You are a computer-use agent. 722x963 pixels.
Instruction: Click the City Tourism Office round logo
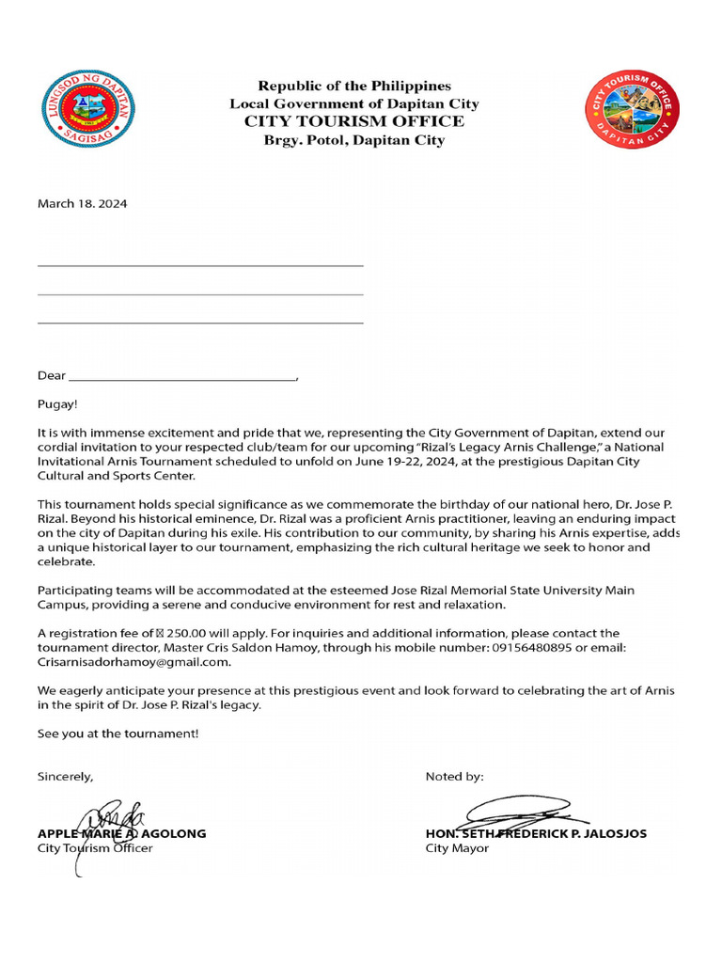click(632, 110)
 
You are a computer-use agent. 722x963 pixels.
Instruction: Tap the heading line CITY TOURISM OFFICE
click(353, 121)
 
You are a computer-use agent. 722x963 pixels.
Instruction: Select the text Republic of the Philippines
click(354, 86)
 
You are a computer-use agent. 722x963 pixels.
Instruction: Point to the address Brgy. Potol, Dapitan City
click(353, 140)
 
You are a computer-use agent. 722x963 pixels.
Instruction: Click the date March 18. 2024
click(82, 203)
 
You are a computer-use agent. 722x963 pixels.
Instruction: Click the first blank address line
click(200, 266)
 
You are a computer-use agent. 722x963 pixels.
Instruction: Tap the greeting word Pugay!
click(57, 404)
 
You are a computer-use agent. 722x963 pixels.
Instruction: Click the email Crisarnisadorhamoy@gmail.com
click(120, 663)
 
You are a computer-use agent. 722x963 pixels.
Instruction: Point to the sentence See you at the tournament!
click(118, 734)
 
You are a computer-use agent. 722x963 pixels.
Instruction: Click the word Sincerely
click(65, 777)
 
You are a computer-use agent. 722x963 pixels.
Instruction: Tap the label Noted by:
click(455, 777)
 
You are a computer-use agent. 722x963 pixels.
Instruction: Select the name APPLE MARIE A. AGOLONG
click(121, 833)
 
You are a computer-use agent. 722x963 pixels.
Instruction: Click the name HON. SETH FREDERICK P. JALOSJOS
click(536, 833)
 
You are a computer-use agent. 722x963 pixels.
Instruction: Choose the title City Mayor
click(457, 848)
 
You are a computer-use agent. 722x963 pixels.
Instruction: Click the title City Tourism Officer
click(94, 848)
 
